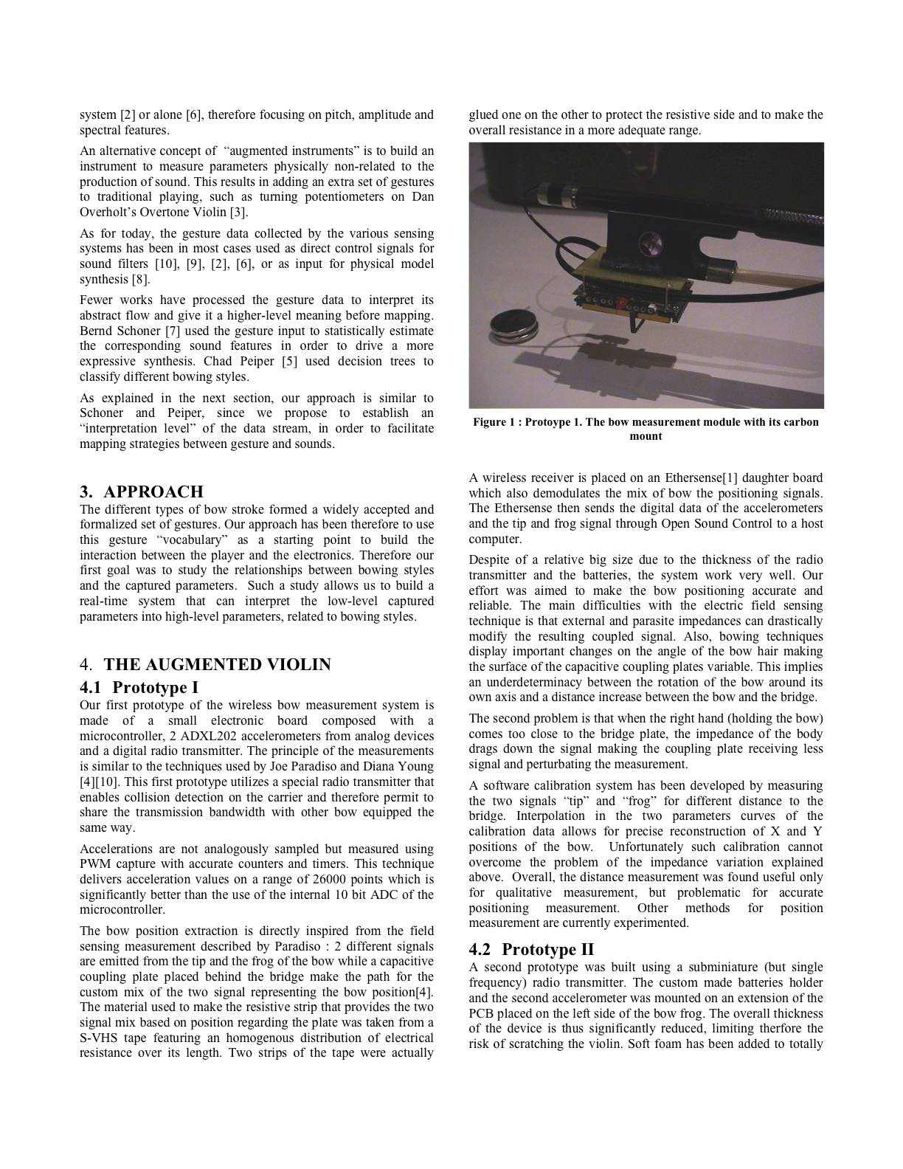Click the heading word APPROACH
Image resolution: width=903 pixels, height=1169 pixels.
[153, 492]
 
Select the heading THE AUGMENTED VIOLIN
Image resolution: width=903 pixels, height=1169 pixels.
[217, 664]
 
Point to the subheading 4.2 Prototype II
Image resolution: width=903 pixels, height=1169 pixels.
[531, 949]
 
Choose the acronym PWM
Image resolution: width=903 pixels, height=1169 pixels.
[96, 864]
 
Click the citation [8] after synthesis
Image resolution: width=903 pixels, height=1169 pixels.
[140, 279]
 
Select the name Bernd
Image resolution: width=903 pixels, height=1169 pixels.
[96, 331]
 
